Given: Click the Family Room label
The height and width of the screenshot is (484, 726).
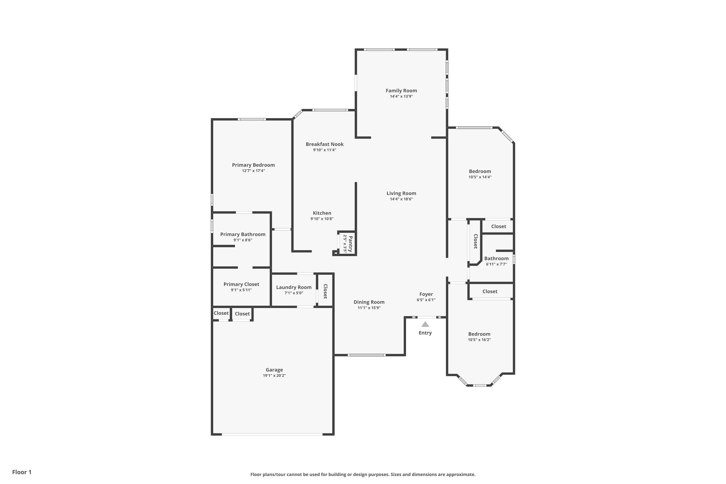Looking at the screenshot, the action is (x=401, y=91).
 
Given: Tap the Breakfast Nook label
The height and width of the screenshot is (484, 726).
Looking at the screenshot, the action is (x=325, y=144).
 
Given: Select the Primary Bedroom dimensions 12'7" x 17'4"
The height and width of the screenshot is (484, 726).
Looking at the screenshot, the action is (x=253, y=171).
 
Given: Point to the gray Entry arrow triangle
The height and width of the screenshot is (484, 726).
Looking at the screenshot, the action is (x=425, y=324).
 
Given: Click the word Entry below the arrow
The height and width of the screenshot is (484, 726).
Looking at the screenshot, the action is (x=425, y=333).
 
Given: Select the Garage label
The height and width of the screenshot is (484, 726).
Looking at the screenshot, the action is (x=274, y=370).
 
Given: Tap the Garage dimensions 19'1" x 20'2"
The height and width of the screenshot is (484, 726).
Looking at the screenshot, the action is (x=274, y=376).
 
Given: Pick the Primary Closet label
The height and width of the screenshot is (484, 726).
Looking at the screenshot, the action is (x=241, y=284).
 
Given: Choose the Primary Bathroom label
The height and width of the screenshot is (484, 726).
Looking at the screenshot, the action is (x=243, y=234).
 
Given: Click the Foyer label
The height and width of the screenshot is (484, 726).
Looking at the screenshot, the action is (x=426, y=294).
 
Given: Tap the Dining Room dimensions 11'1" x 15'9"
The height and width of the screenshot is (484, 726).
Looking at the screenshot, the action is (x=369, y=308).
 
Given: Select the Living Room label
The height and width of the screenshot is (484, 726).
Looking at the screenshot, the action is (x=401, y=193).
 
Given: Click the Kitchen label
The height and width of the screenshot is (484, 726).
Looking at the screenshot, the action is (x=322, y=213).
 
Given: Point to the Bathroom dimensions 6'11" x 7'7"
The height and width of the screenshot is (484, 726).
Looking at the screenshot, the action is (x=496, y=264).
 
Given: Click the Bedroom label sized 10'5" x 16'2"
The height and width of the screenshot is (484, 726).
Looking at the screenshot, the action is (x=479, y=334).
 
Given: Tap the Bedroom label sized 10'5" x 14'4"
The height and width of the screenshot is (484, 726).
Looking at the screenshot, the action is (x=480, y=171).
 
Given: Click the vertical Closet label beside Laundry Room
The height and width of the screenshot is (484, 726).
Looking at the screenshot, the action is (x=325, y=291).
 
